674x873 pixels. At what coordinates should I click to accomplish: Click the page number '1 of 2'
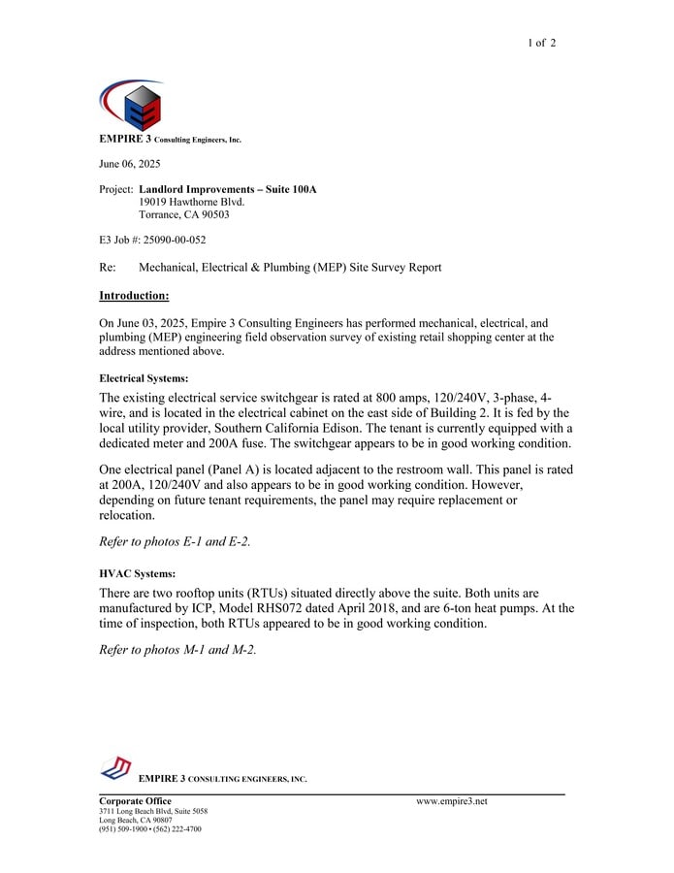tap(541, 43)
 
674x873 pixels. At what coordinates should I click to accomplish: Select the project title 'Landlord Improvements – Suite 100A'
tap(228, 189)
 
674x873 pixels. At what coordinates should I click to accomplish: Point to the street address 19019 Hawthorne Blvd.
tap(192, 202)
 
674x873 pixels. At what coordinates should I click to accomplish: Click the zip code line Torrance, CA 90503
tap(184, 214)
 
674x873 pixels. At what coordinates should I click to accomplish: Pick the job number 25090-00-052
tap(174, 240)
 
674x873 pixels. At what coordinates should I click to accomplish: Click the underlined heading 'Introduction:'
tap(135, 295)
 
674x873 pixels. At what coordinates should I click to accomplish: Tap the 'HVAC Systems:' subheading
tap(138, 573)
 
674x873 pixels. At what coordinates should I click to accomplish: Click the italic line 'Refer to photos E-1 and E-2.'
tap(176, 542)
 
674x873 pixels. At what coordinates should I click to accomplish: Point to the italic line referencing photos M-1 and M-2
tap(178, 650)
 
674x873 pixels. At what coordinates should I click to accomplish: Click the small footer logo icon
tap(116, 768)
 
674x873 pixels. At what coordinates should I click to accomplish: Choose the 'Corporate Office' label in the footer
tap(136, 801)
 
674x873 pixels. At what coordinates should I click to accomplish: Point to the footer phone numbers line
tap(150, 829)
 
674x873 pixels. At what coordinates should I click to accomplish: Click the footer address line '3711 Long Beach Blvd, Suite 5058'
tap(153, 811)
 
